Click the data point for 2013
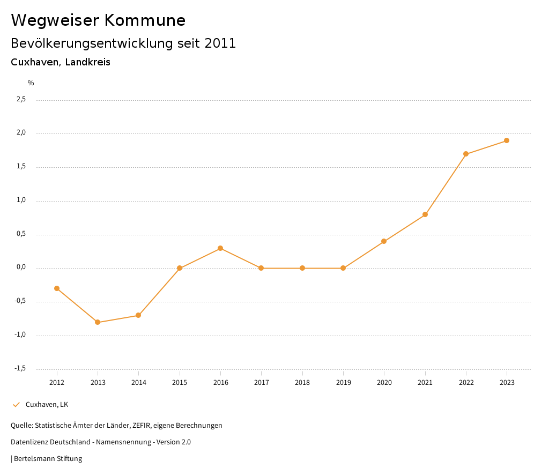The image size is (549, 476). tap(98, 322)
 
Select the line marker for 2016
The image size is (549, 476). tap(220, 248)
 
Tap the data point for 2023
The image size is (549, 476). tap(507, 140)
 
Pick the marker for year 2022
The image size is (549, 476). tap(466, 154)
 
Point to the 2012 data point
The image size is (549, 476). tap(57, 288)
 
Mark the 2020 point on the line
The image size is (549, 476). tap(384, 241)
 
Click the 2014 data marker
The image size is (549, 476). tap(138, 315)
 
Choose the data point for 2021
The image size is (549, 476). tap(425, 214)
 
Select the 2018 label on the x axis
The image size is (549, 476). tap(302, 383)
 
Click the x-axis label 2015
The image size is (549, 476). tap(180, 383)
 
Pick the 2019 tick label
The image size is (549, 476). tap(343, 383)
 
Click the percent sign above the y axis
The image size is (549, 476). tap(31, 83)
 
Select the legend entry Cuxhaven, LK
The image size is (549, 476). tap(47, 405)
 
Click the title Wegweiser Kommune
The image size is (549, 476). tap(98, 20)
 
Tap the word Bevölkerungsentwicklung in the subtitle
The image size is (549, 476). tap(86, 43)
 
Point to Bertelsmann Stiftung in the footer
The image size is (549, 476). tap(48, 459)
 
